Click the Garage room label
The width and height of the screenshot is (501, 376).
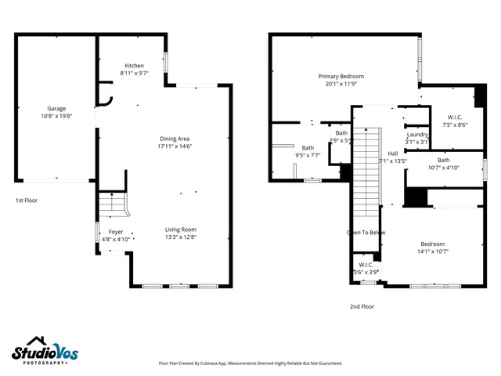tap(56, 109)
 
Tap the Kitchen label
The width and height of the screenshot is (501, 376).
tap(135, 66)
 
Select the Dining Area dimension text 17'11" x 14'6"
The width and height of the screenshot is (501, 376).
tap(175, 146)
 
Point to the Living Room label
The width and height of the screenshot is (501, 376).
tap(181, 230)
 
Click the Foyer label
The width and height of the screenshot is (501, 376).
tap(115, 232)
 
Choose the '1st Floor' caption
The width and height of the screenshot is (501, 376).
tap(27, 201)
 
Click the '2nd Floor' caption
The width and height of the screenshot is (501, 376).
tap(362, 306)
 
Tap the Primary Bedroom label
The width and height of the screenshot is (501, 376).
tap(341, 77)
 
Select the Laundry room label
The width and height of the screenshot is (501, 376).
tap(417, 135)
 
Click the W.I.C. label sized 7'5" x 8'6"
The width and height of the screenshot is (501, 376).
tap(454, 117)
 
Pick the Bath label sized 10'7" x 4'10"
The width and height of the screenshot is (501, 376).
tap(443, 160)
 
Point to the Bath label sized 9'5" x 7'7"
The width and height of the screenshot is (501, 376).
tap(308, 147)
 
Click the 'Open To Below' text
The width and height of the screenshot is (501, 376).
tap(366, 233)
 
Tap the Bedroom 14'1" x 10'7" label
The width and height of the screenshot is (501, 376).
tap(432, 244)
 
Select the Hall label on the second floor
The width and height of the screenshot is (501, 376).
tap(393, 154)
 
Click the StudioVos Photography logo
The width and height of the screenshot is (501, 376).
tap(45, 352)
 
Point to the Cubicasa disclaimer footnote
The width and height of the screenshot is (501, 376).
tap(250, 363)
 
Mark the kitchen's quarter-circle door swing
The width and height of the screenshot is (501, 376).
tap(105, 100)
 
